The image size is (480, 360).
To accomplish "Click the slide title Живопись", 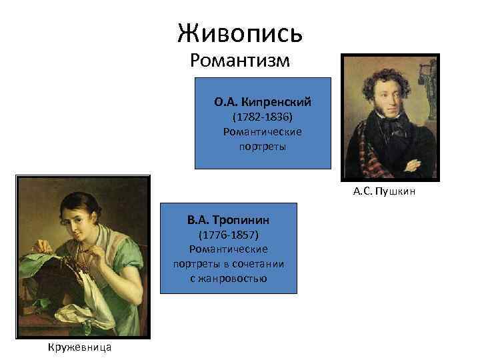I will coord(240,31).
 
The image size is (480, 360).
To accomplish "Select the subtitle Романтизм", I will coord(240,61).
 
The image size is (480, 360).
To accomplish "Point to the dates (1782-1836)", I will coord(263,117).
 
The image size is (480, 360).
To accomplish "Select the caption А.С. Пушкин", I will coord(385,192).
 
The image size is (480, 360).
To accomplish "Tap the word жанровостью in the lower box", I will coord(229,278).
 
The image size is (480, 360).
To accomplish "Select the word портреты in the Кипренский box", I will coord(263,146).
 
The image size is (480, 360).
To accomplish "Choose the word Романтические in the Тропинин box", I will coord(229,249).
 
